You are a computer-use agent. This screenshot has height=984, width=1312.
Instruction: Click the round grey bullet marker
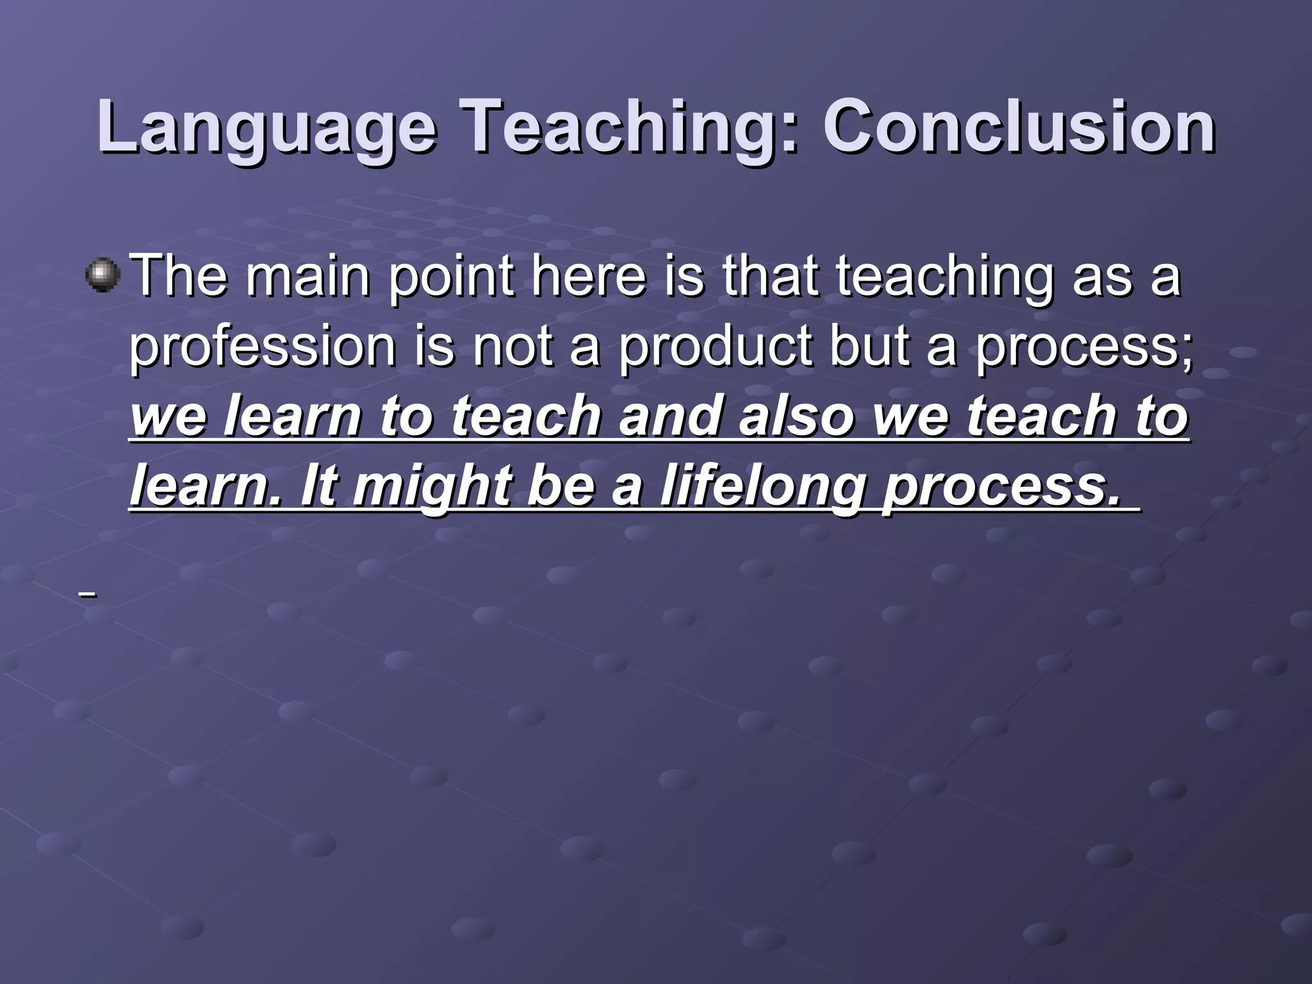tap(102, 276)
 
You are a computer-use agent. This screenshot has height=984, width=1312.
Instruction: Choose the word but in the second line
tap(869, 346)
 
